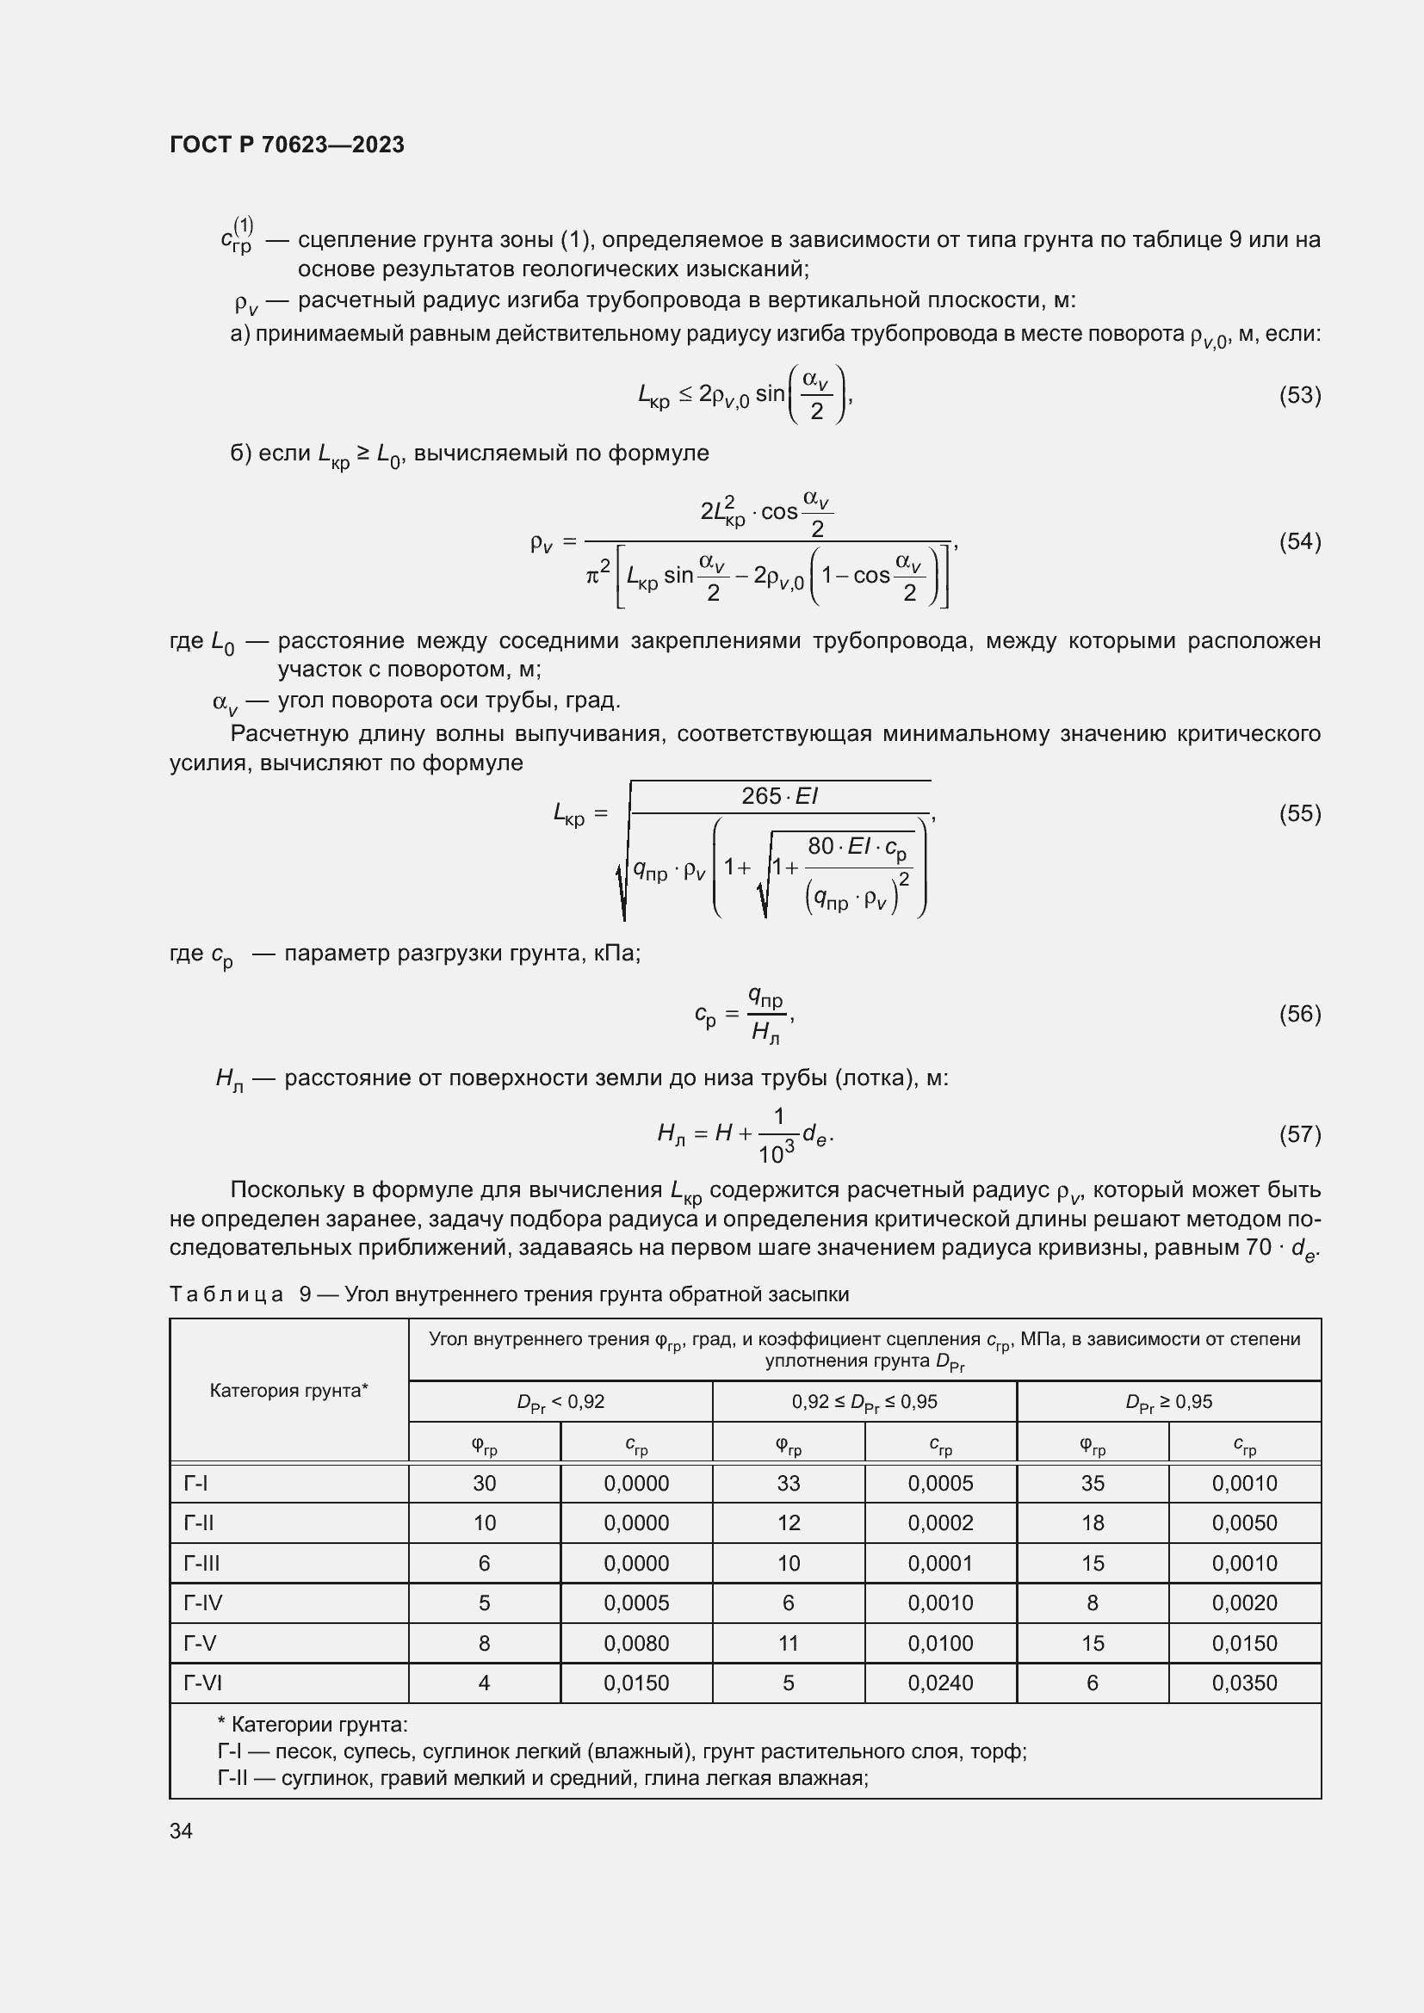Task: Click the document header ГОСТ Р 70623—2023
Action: pyautogui.click(x=287, y=145)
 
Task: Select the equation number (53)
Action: pyautogui.click(x=1299, y=395)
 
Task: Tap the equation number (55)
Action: pyautogui.click(x=1299, y=813)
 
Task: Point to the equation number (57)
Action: pyautogui.click(x=1299, y=1134)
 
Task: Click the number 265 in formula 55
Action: pyautogui.click(x=760, y=796)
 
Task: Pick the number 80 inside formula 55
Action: pyautogui.click(x=820, y=846)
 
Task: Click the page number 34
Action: pyautogui.click(x=182, y=1831)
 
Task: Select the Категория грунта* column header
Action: pyautogui.click(x=288, y=1390)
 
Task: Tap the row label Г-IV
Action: pyautogui.click(x=202, y=1602)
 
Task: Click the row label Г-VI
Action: pyautogui.click(x=202, y=1683)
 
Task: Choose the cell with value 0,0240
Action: pyautogui.click(x=940, y=1683)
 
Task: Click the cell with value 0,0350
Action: pyautogui.click(x=1244, y=1683)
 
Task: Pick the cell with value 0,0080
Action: pyautogui.click(x=635, y=1643)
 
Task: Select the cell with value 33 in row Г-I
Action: pyautogui.click(x=789, y=1484)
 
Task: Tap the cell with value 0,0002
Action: pyautogui.click(x=940, y=1523)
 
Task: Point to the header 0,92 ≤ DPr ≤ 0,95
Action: pyautogui.click(x=864, y=1402)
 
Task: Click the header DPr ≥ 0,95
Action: pyautogui.click(x=1168, y=1402)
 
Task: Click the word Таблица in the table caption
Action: pyautogui.click(x=226, y=1294)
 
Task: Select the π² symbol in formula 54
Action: pyautogui.click(x=597, y=574)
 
